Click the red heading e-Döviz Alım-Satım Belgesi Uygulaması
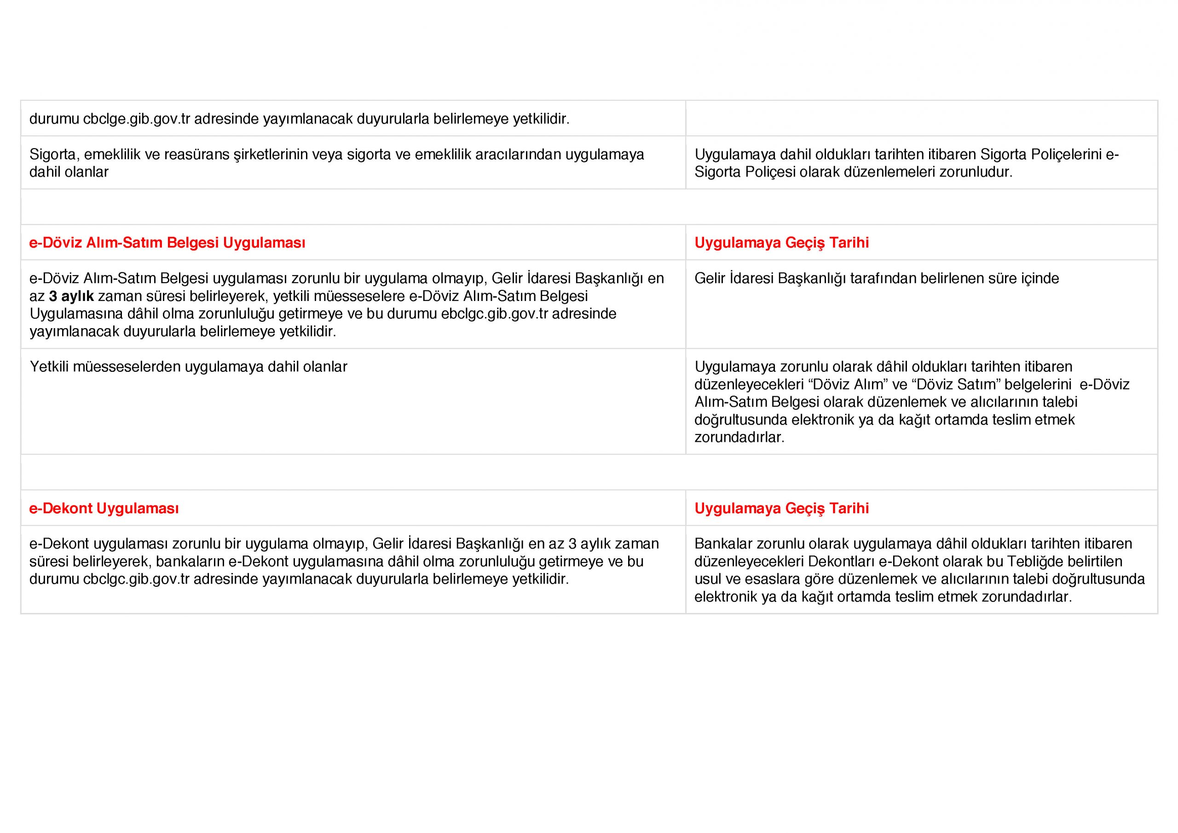167,243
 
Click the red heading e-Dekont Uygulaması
104,509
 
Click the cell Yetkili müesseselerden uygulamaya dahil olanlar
188,367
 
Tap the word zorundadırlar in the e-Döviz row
739,438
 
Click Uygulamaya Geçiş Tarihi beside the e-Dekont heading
781,509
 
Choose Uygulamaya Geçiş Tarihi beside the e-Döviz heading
781,243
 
